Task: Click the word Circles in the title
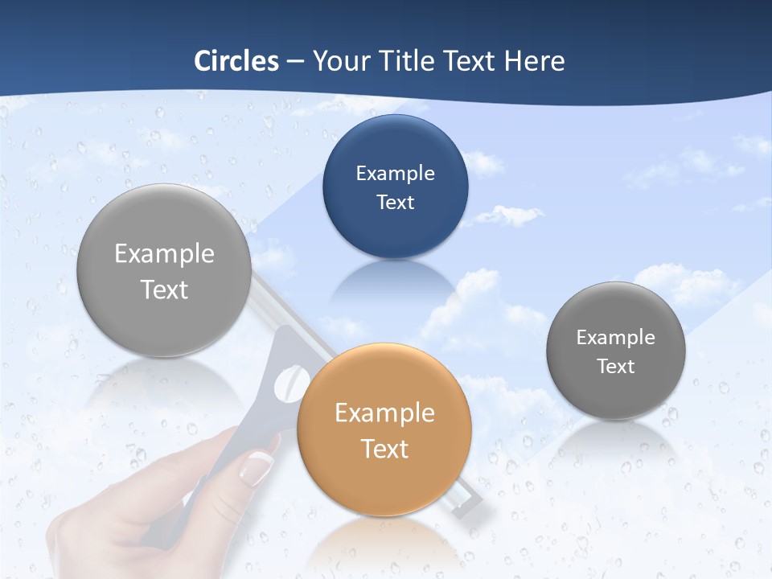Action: [236, 61]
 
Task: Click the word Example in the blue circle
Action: [395, 173]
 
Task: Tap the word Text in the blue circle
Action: [395, 202]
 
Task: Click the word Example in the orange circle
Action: [384, 413]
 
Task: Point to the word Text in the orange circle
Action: [384, 449]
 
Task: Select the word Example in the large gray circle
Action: [164, 254]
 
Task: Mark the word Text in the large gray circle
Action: [164, 289]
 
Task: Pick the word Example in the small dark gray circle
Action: [615, 338]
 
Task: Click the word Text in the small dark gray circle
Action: [615, 367]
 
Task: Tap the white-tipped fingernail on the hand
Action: [257, 467]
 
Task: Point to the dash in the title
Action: [295, 62]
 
